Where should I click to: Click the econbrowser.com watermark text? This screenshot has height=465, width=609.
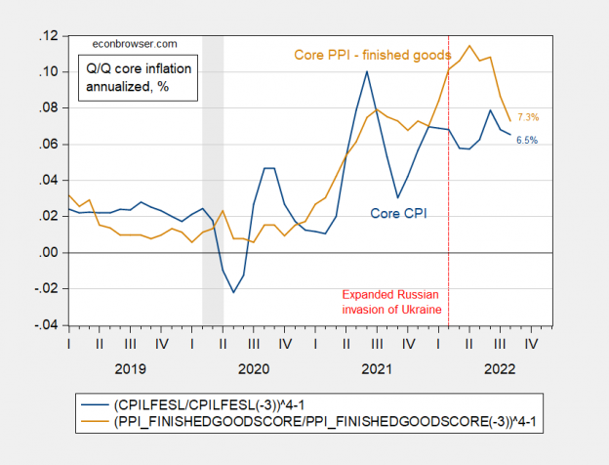pyautogui.click(x=134, y=44)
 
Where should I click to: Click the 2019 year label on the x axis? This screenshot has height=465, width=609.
pyautogui.click(x=130, y=368)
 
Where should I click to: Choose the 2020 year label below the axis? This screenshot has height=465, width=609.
pyautogui.click(x=254, y=368)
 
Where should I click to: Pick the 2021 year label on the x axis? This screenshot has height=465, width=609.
pyautogui.click(x=377, y=368)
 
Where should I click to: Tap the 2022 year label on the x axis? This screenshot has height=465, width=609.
pyautogui.click(x=500, y=368)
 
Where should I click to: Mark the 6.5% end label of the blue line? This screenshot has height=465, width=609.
pyautogui.click(x=527, y=141)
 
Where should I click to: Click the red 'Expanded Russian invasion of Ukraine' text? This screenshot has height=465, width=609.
pyautogui.click(x=392, y=301)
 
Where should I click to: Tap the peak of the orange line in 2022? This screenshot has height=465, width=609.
pyautogui.click(x=470, y=45)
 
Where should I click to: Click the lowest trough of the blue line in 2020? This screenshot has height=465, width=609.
pyautogui.click(x=233, y=292)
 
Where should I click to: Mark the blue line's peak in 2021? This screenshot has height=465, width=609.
pyautogui.click(x=367, y=71)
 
